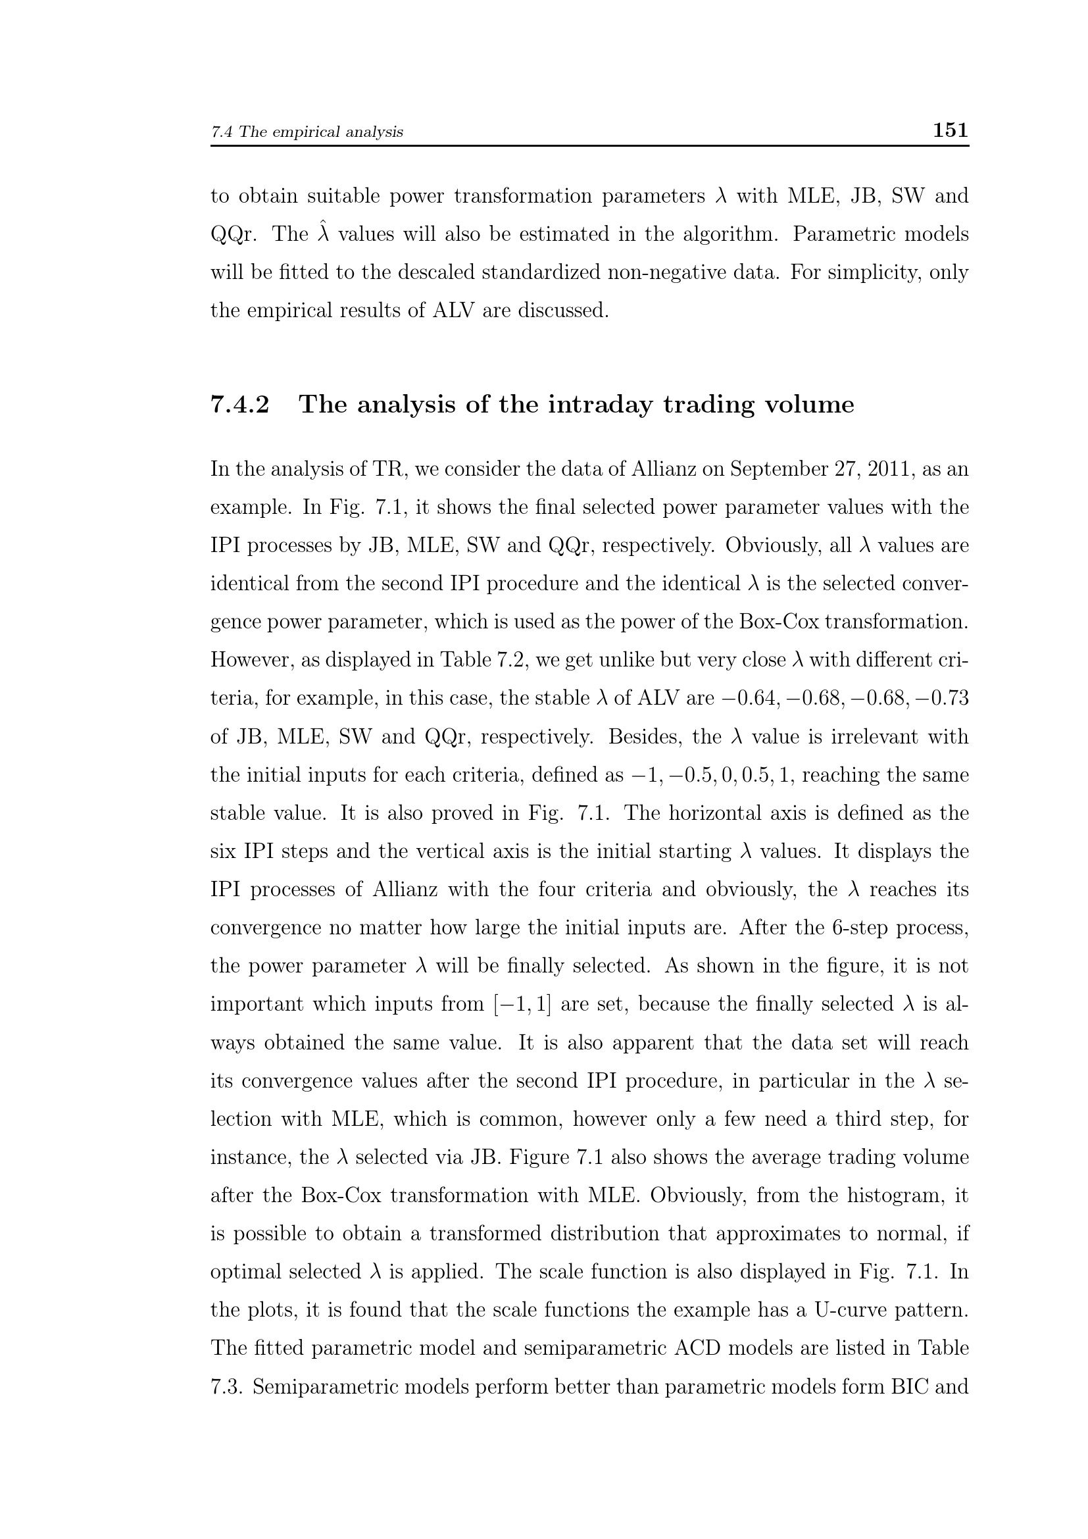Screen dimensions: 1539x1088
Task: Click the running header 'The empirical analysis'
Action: (x=321, y=132)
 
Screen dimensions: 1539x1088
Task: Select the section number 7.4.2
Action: (x=240, y=405)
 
